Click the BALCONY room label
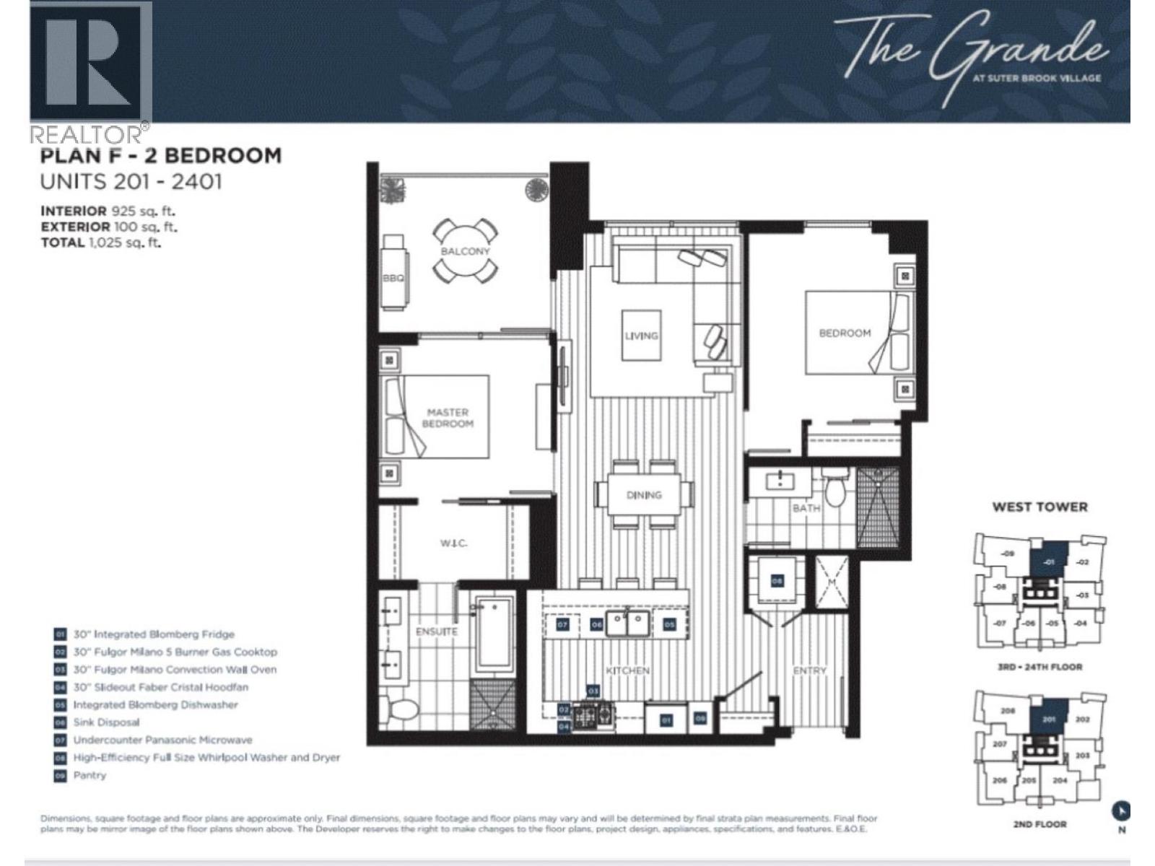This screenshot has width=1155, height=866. [466, 251]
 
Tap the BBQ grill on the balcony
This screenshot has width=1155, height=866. [395, 273]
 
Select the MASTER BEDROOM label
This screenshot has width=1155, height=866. [448, 418]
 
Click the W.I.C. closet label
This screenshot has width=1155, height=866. [453, 543]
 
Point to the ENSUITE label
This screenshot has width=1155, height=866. [436, 631]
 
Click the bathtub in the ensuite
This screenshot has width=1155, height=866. [494, 634]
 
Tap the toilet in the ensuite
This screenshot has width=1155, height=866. [401, 710]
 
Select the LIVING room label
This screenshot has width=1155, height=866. [641, 336]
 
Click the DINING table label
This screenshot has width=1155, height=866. [644, 495]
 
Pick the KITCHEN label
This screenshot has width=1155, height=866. [627, 670]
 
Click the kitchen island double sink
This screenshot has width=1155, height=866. [626, 623]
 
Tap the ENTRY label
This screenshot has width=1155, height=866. [809, 670]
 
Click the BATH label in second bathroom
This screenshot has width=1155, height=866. [806, 508]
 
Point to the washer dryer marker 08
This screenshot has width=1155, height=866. [777, 580]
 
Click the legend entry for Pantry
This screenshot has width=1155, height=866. [90, 775]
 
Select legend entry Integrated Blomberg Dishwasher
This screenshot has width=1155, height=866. [154, 705]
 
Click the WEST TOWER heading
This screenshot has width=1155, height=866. [1039, 507]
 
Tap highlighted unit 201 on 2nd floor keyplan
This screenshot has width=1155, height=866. [1050, 719]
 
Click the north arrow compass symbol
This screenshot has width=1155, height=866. [1121, 811]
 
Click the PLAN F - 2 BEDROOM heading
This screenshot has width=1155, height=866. [160, 155]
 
